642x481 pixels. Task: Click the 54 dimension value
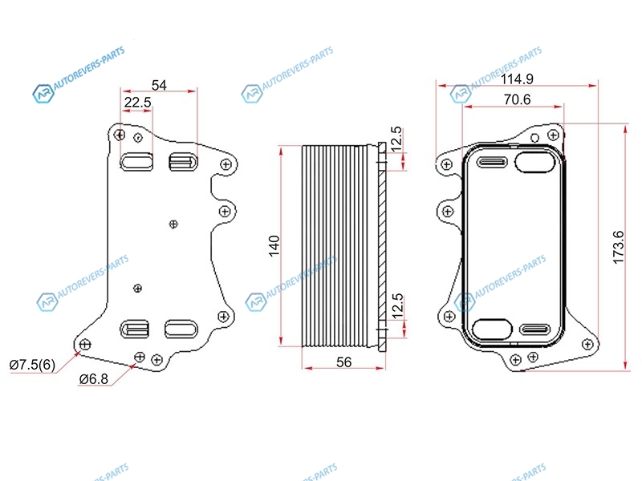[x=159, y=85]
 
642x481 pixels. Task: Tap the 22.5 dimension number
[x=137, y=103]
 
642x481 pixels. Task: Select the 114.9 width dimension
[x=517, y=79]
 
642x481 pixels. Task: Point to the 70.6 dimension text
[x=517, y=99]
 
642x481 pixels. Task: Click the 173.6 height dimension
[x=618, y=247]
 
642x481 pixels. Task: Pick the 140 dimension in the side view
[x=274, y=246]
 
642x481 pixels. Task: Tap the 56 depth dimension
[x=344, y=362]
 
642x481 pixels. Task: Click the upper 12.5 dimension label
[x=396, y=139]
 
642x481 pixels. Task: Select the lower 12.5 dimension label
[x=397, y=306]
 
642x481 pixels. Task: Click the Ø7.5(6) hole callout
[x=32, y=365]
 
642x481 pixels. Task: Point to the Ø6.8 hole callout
[x=94, y=379]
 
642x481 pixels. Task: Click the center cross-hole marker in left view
[x=173, y=224]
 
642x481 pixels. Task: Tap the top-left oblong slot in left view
[x=136, y=162]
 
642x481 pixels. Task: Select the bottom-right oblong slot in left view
[x=181, y=329]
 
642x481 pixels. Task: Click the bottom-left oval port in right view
[x=492, y=329]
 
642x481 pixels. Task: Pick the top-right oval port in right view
[x=534, y=162]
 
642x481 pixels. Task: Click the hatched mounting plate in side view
[x=382, y=246]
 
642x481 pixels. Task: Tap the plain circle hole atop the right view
[x=534, y=138]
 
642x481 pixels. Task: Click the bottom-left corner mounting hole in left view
[x=85, y=345]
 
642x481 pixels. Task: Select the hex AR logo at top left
[x=44, y=94]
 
